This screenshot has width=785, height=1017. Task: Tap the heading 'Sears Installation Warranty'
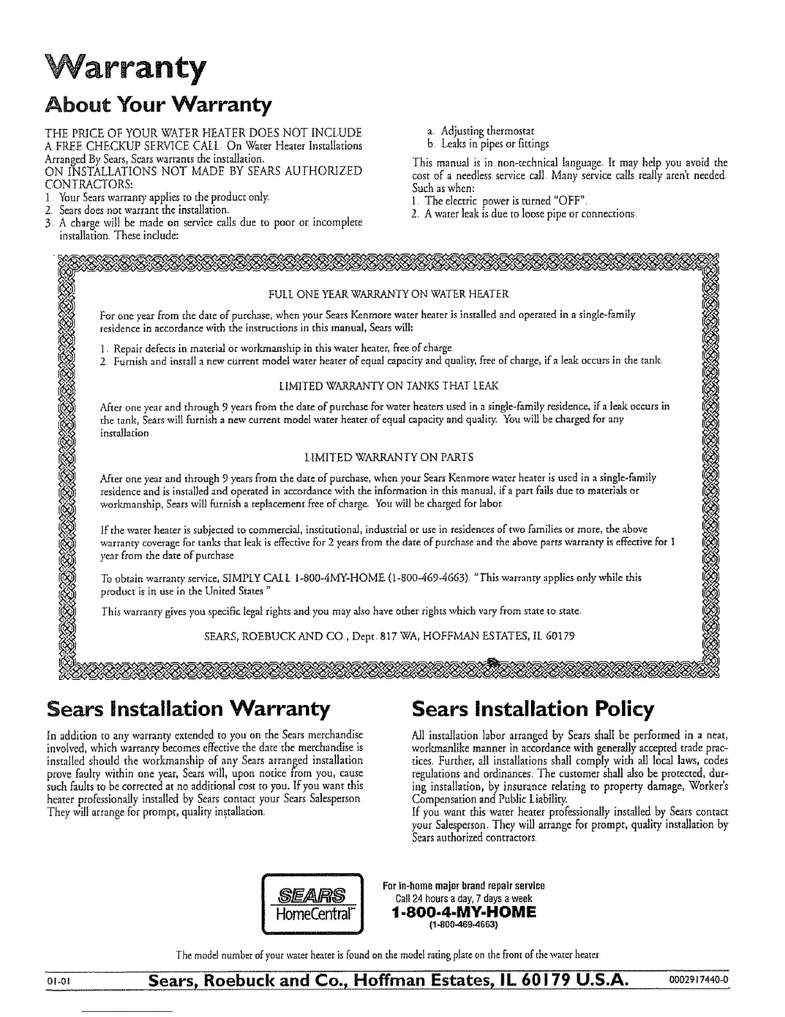[189, 709]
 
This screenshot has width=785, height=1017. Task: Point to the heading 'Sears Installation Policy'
[532, 709]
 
